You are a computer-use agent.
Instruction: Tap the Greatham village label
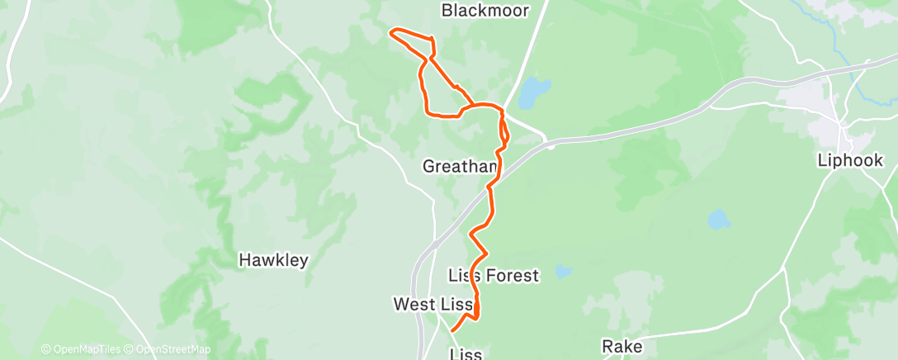[460, 166]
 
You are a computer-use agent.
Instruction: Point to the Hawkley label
[273, 260]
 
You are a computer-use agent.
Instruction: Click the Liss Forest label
[493, 275]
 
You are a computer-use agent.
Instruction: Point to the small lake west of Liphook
[718, 220]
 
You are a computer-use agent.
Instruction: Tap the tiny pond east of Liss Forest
[563, 270]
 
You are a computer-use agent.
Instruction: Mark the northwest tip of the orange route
[390, 33]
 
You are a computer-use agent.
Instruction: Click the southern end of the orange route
[452, 331]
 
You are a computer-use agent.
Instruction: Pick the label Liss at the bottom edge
[465, 354]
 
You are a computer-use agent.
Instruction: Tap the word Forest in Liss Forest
[516, 275]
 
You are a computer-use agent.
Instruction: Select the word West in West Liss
[414, 305]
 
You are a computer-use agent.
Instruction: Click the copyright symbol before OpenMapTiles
[45, 350]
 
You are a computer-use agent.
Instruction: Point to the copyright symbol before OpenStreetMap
[130, 350]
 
